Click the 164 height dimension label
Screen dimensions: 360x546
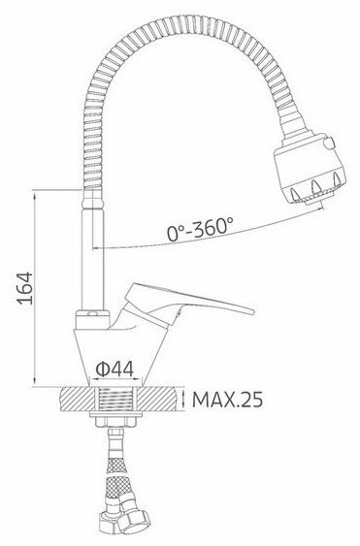[x=26, y=288]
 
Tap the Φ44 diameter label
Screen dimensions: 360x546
[x=115, y=369]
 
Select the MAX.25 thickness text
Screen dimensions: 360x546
[x=227, y=400]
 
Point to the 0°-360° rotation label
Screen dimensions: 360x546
[x=200, y=229]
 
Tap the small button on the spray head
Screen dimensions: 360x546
[x=329, y=143]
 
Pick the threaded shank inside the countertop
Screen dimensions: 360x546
[x=115, y=399]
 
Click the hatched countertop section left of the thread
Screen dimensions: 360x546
[x=77, y=399]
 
